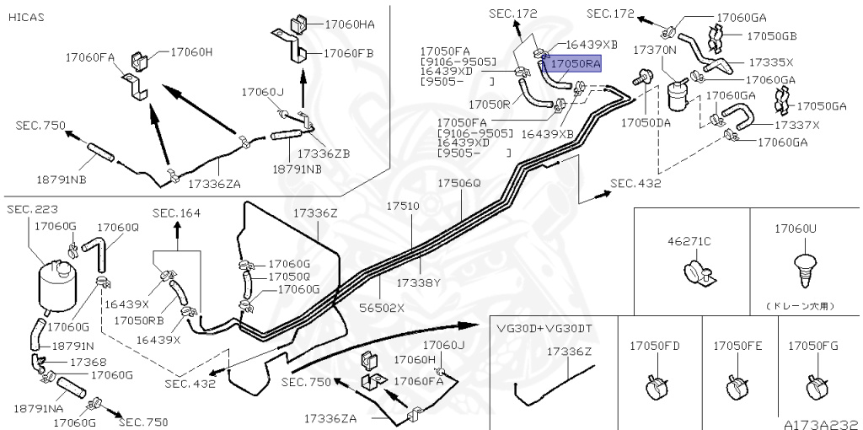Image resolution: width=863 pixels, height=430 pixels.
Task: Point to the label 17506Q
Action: point(458,183)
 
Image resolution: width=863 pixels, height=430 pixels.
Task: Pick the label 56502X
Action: point(383,308)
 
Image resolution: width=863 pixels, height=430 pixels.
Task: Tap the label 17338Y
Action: point(419,282)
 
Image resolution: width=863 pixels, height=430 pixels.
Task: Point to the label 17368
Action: point(88,362)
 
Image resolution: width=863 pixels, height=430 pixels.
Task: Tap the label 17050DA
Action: point(645,122)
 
